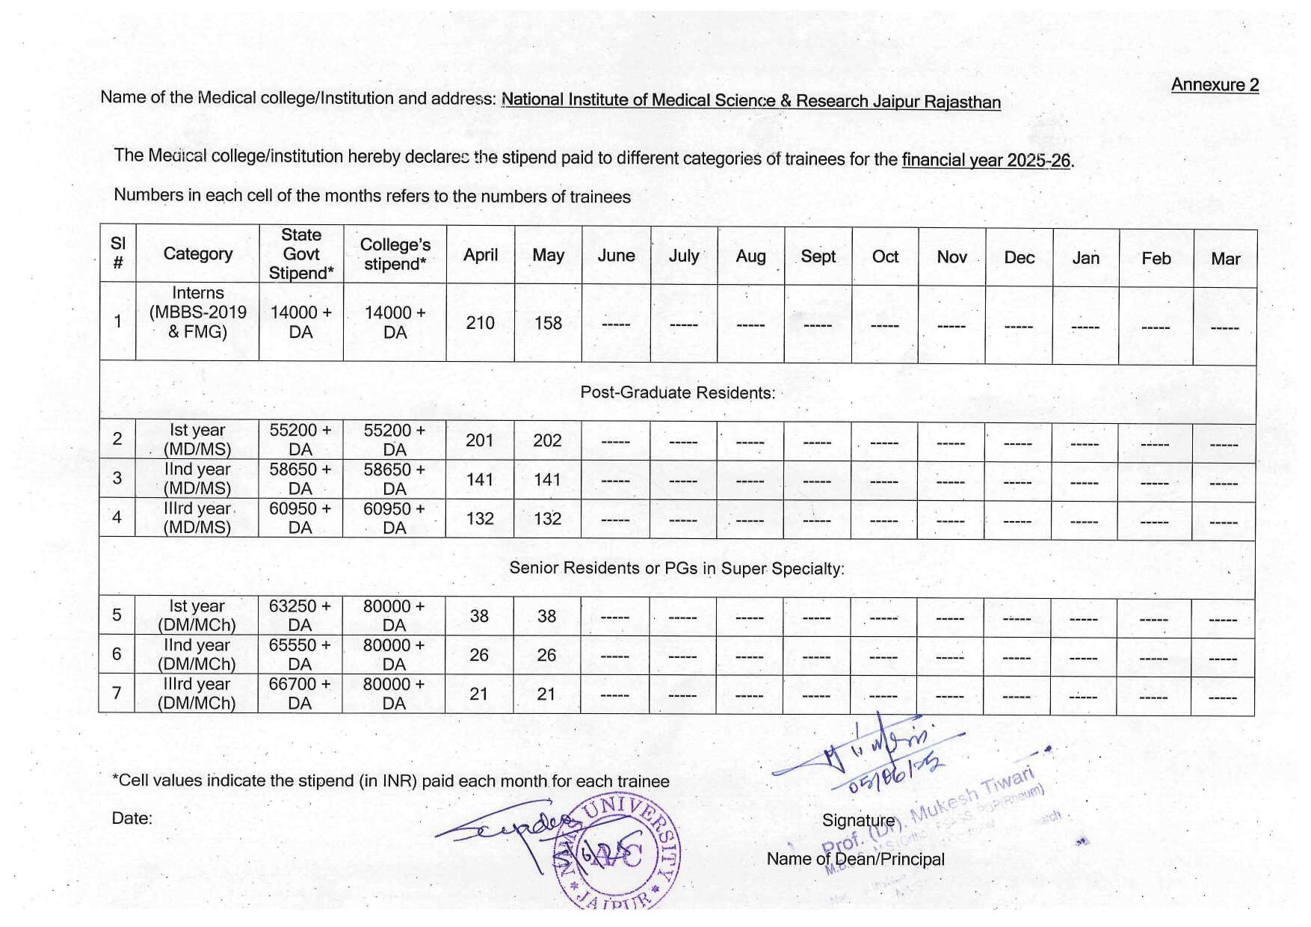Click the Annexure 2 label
(1215, 85)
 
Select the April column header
(481, 255)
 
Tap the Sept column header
(818, 256)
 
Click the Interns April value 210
(480, 323)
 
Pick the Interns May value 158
(548, 323)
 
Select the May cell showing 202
(547, 440)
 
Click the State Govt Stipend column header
(301, 254)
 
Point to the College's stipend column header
(395, 254)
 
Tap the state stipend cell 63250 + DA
(300, 615)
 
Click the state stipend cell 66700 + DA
(300, 693)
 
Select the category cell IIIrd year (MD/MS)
(197, 517)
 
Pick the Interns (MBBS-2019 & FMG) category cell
(197, 312)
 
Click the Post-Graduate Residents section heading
(677, 392)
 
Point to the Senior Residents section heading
(676, 568)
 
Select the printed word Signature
(858, 821)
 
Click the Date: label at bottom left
(132, 819)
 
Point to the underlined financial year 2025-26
(986, 160)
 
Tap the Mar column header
(1225, 259)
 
